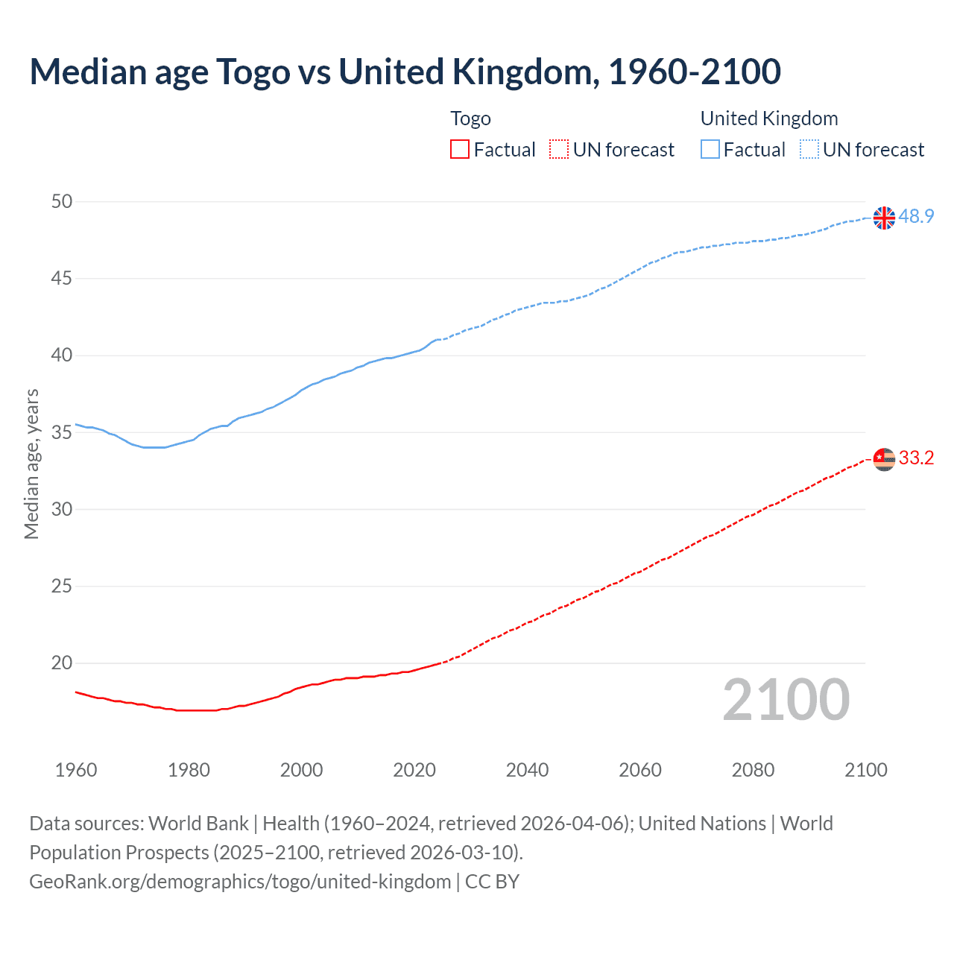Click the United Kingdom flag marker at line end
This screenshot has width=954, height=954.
884,218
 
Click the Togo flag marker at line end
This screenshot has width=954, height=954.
884,459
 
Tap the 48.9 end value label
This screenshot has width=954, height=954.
916,216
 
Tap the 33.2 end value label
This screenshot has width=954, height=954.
916,458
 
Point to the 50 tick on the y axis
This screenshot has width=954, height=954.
63,201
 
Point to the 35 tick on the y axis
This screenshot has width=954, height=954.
63,432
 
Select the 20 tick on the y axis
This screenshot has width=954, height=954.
63,663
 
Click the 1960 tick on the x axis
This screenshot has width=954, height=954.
76,770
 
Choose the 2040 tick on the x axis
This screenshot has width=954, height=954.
527,770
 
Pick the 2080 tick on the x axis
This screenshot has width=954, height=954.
753,770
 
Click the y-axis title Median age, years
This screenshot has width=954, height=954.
31,464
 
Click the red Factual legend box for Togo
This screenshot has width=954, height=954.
460,150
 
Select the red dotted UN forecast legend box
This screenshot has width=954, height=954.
559,150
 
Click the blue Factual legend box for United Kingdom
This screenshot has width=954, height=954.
710,150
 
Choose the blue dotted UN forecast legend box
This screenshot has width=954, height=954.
809,150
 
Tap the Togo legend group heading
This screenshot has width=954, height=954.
470,119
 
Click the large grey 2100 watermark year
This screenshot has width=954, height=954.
786,700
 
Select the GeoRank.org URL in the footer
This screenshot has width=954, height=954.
240,882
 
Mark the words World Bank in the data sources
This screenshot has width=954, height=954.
198,824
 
